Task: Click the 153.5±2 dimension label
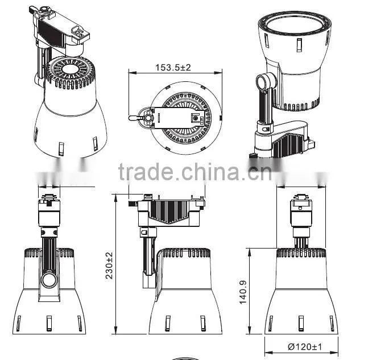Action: coord(173,67)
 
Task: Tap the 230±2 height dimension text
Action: coord(109,266)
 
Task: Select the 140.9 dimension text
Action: coord(243,292)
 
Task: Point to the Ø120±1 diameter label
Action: coord(305,346)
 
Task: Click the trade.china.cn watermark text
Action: coord(195,172)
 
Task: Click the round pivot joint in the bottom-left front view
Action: coord(49,280)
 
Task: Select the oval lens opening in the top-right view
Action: coord(295,24)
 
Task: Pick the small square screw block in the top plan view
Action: coord(196,118)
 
